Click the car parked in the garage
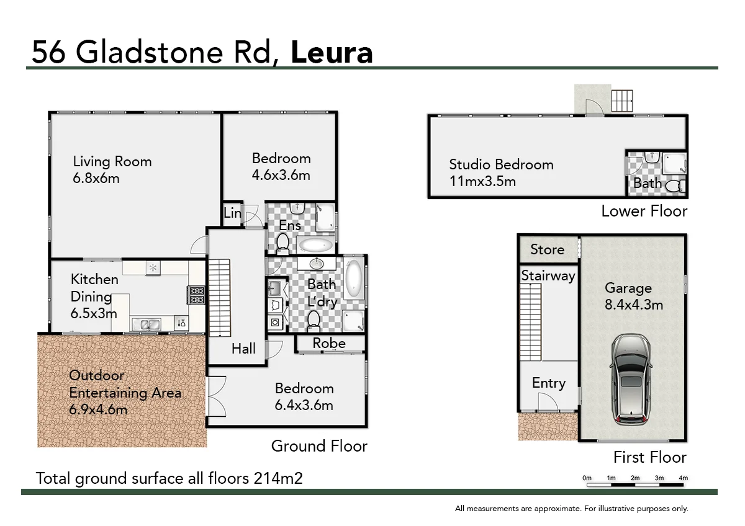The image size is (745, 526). click(x=631, y=380)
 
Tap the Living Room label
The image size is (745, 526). click(x=112, y=162)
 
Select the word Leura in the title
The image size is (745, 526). click(x=332, y=53)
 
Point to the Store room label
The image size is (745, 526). click(x=547, y=249)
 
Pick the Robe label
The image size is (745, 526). click(x=329, y=343)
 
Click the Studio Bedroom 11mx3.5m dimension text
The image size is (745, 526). click(x=482, y=182)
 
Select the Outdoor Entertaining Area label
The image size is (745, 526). click(x=125, y=392)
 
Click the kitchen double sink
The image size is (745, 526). click(x=145, y=324)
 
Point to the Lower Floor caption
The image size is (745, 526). click(x=644, y=211)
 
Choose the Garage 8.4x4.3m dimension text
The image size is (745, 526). click(x=634, y=305)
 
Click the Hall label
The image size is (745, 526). click(x=243, y=349)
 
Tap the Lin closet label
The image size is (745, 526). click(x=232, y=213)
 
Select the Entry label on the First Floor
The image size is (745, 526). click(x=548, y=383)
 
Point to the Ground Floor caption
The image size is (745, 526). click(x=319, y=446)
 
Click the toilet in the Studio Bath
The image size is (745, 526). click(x=673, y=185)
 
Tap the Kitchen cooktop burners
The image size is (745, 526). click(x=196, y=295)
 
